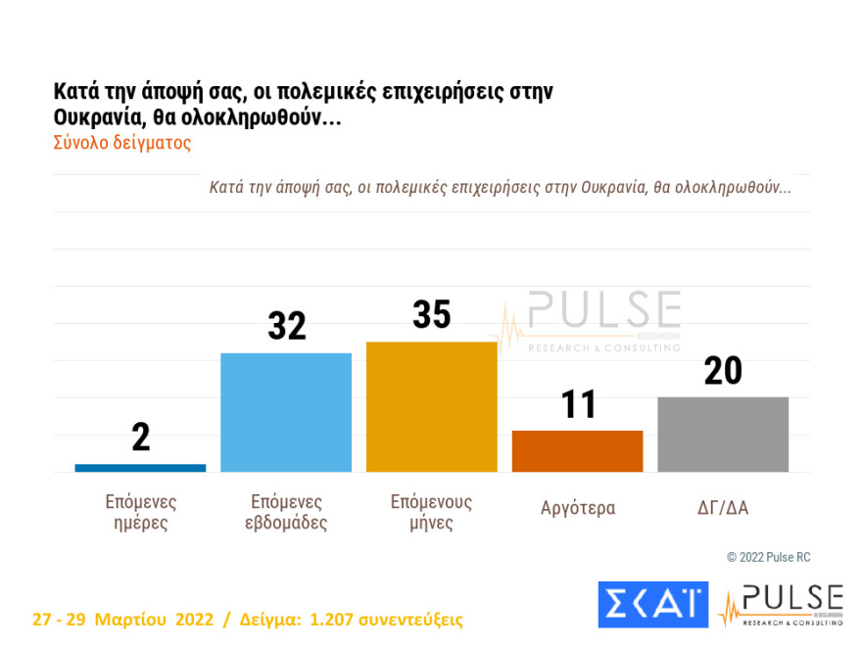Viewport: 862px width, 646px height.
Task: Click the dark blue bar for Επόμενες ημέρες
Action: tap(140, 468)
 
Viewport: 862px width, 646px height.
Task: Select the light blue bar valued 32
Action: tap(286, 412)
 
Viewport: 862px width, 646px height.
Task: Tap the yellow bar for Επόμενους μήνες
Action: tap(431, 406)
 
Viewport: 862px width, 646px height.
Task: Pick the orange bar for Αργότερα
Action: tap(577, 451)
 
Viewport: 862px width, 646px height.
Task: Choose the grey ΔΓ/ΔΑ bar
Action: tap(723, 435)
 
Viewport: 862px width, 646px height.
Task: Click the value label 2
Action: tap(141, 438)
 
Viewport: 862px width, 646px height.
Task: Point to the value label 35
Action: tap(431, 315)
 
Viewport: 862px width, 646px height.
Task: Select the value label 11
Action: tap(577, 404)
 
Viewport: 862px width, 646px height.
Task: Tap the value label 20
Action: tap(723, 371)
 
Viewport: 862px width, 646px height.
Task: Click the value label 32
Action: tap(286, 326)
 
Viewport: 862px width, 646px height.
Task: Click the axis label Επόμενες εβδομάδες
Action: tap(285, 512)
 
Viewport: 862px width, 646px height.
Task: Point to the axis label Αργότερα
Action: tap(578, 508)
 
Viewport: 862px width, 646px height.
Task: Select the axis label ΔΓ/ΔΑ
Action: tap(723, 508)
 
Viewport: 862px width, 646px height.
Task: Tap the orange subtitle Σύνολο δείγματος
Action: tap(121, 142)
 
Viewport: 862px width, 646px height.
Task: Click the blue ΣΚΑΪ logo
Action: tap(652, 604)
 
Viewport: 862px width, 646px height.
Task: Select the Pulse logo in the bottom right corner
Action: tap(781, 604)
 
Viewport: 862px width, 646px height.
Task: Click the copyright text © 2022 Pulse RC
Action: tap(768, 557)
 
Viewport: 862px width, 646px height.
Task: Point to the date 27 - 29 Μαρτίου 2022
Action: tap(122, 620)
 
